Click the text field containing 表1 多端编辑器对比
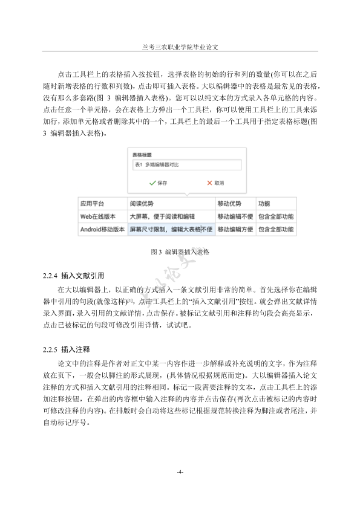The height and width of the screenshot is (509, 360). click(186, 165)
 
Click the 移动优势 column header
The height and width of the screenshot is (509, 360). click(229, 204)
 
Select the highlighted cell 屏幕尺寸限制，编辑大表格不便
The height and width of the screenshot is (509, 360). click(171, 230)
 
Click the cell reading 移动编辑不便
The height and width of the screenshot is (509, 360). click(235, 216)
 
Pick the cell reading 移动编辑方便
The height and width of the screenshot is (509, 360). click(235, 230)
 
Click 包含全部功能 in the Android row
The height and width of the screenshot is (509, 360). click(276, 230)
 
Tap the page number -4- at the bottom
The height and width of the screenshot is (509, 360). click(180, 472)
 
